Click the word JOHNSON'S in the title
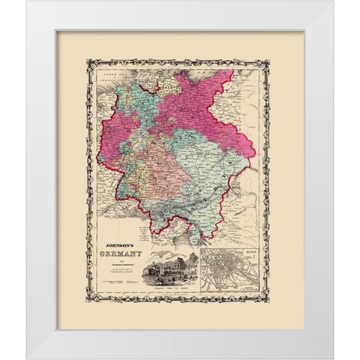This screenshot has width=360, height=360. pos(121,246)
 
